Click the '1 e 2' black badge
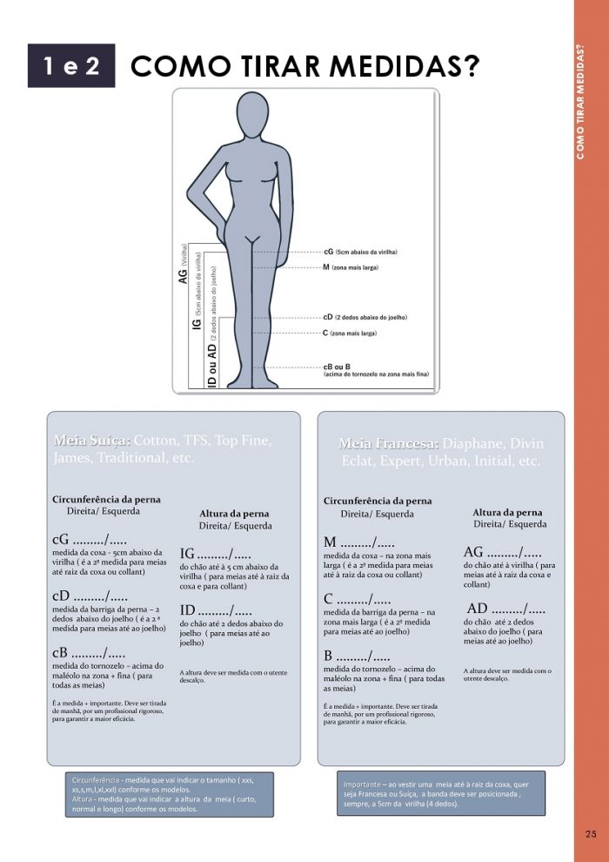pyautogui.click(x=71, y=67)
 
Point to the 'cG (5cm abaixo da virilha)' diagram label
pyautogui.click(x=359, y=252)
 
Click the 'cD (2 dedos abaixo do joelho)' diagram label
pyautogui.click(x=365, y=318)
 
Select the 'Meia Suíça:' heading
pyautogui.click(x=92, y=441)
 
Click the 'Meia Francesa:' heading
pyautogui.click(x=386, y=443)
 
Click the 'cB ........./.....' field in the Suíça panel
pyautogui.click(x=90, y=653)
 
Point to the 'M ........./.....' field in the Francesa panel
pyautogui.click(x=358, y=542)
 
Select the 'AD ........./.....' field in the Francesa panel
pyautogui.click(x=506, y=609)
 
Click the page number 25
pyautogui.click(x=591, y=834)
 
